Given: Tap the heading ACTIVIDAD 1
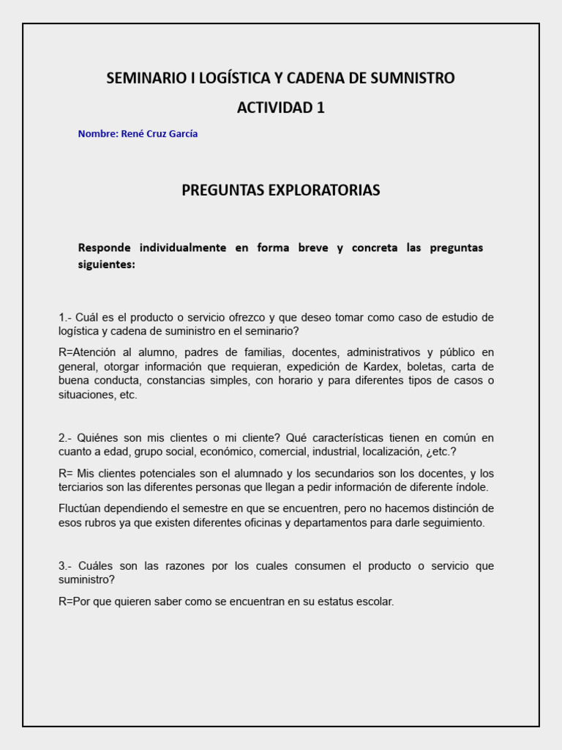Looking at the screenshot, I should point(280,108).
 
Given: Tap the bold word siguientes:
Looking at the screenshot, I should point(107,265).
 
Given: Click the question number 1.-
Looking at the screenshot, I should point(66,317).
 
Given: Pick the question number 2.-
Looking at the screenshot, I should point(66,438).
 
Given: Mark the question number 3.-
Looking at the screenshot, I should point(66,566).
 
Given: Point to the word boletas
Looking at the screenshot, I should point(425,366).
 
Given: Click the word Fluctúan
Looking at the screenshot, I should point(84,508).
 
